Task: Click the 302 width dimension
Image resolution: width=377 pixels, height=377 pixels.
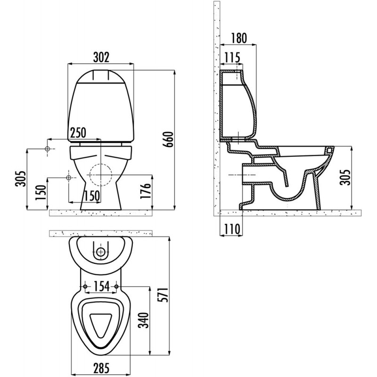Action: coord(101,57)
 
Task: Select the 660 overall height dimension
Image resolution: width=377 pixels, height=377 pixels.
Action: coord(168,139)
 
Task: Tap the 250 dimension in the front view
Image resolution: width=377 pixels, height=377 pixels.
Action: coord(78,132)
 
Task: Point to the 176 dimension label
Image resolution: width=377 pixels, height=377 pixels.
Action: coord(145,191)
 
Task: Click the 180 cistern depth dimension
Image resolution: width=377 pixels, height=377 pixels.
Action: coord(239,38)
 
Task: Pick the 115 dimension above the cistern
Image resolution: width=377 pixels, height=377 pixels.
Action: coord(232,57)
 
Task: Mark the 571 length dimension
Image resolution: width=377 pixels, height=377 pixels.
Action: coord(164,295)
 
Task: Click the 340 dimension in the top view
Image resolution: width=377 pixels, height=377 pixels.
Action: coord(144,320)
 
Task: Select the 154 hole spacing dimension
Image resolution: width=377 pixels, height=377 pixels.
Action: coord(101,286)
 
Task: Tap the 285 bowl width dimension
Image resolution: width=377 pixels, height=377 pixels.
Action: coord(101,368)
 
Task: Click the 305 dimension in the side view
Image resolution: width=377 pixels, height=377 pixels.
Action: coord(345,178)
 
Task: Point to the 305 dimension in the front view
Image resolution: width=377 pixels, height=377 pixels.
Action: coord(20,179)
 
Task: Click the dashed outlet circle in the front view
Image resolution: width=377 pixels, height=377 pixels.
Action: coord(101,175)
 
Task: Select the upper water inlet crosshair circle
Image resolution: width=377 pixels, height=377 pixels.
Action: coord(48,149)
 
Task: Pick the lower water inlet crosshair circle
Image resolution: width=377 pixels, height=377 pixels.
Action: coord(68,178)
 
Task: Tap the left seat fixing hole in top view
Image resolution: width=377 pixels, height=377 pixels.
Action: coord(85,287)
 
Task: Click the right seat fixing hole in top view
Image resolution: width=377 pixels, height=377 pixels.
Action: coord(116,287)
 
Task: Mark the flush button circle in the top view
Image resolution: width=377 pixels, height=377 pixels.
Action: coord(101,252)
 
